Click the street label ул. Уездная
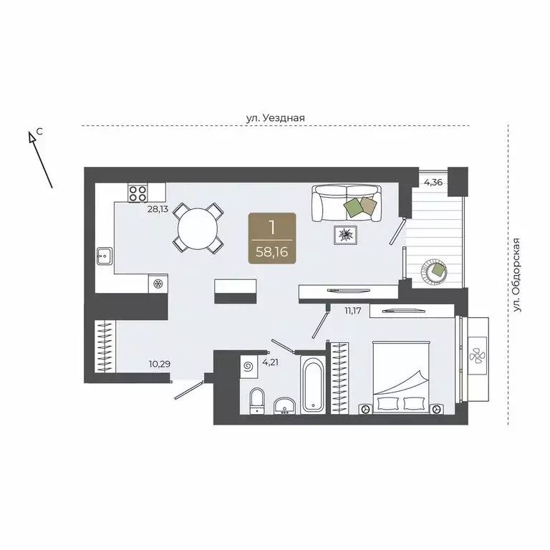coord(276,117)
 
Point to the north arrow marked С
coord(41,159)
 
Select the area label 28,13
coord(158,210)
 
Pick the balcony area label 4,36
coord(433,183)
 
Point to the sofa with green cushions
coord(347,203)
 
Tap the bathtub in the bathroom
coord(313,384)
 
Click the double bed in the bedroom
coord(401,376)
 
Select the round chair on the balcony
coord(436,270)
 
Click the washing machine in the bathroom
coord(249,367)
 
